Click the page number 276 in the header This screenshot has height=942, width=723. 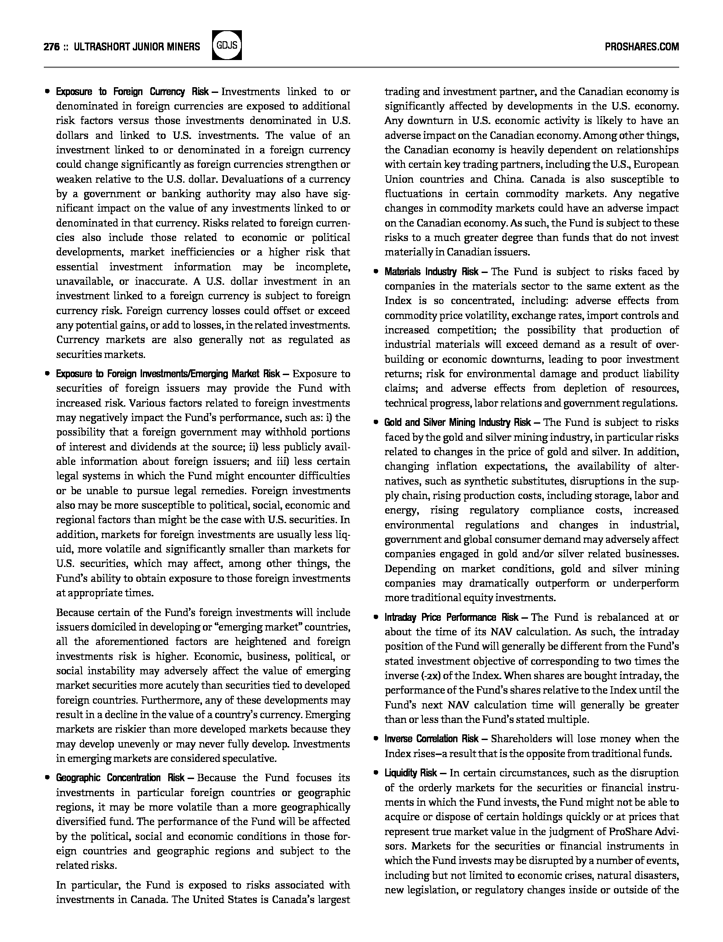(x=52, y=47)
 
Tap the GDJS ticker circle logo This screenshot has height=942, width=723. (x=227, y=46)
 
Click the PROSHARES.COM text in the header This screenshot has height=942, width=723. (x=641, y=47)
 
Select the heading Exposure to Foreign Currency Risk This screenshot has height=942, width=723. (x=132, y=92)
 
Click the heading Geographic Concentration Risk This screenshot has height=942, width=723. (x=120, y=778)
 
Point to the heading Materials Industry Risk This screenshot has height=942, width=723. (x=431, y=272)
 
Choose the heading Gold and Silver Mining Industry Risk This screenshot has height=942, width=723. (x=457, y=422)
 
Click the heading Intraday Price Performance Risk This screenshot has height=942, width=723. (x=451, y=617)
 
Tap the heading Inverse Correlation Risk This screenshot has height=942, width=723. (x=431, y=739)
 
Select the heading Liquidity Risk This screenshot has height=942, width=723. (x=411, y=772)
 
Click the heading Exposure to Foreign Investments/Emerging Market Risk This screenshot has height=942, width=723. (x=167, y=374)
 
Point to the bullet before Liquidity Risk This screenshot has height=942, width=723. (x=376, y=773)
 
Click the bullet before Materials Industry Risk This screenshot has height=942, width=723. (x=376, y=272)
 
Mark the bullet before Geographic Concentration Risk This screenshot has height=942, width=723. (x=47, y=778)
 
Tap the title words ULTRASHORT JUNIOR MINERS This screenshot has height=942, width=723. (x=137, y=47)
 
